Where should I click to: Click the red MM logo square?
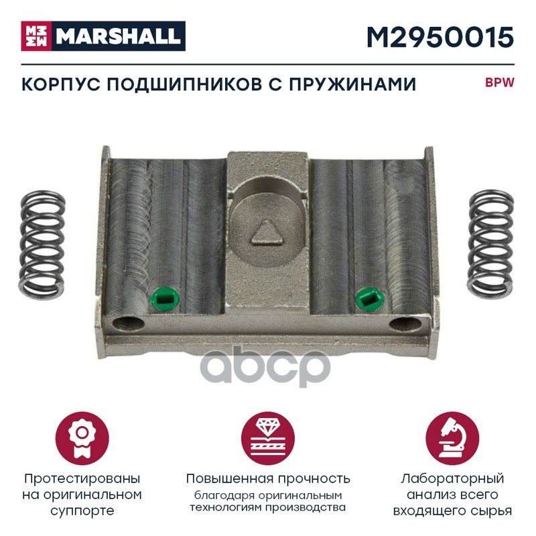tap(37, 36)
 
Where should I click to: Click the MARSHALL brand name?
tap(119, 36)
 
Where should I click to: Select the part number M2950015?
tap(440, 38)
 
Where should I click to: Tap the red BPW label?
tap(499, 83)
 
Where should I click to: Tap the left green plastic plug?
tap(164, 299)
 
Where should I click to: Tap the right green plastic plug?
tap(370, 298)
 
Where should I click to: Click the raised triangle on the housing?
tap(267, 232)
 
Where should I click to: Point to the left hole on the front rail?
tap(129, 324)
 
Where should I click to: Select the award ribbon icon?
tap(82, 438)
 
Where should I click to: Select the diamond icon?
tap(268, 438)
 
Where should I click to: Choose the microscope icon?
tap(452, 438)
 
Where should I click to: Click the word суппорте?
tap(82, 512)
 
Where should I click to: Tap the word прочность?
tap(314, 479)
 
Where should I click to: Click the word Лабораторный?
tap(452, 479)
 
